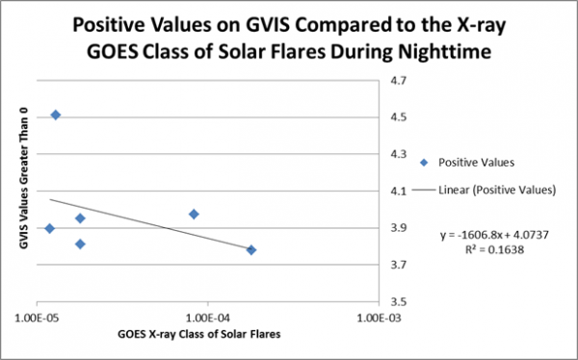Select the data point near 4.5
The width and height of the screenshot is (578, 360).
click(x=56, y=115)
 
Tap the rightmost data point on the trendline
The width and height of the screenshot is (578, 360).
click(x=251, y=250)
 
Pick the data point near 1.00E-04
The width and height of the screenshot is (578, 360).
click(x=194, y=214)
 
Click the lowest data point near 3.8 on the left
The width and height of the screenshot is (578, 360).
click(x=80, y=244)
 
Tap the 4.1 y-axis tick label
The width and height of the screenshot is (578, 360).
click(x=397, y=192)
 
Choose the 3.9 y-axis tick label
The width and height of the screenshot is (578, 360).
click(x=397, y=228)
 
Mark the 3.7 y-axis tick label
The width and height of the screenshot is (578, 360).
click(x=397, y=265)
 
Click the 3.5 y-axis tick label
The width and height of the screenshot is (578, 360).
click(x=397, y=301)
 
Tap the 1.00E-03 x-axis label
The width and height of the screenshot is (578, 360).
click(x=382, y=316)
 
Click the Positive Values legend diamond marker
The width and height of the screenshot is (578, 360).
click(x=424, y=162)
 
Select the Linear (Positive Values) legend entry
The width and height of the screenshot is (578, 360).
click(x=497, y=191)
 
